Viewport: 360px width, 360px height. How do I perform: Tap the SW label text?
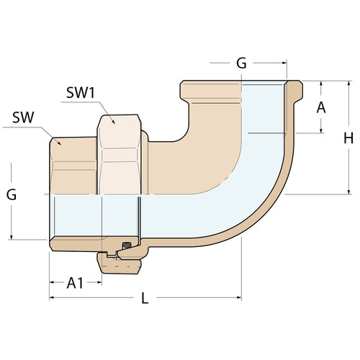coord(24,118)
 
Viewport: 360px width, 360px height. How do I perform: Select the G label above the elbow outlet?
coord(241,63)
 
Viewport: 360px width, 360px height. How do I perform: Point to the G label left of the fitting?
coord(12,195)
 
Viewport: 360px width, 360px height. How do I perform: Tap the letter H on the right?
coord(348,138)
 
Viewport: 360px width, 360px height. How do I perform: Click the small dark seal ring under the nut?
coord(125,246)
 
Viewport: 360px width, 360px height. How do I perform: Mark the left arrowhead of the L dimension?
coord(51,297)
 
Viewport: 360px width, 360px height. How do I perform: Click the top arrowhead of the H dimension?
coord(348,83)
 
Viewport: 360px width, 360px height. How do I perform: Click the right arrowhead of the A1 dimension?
coord(99,282)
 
